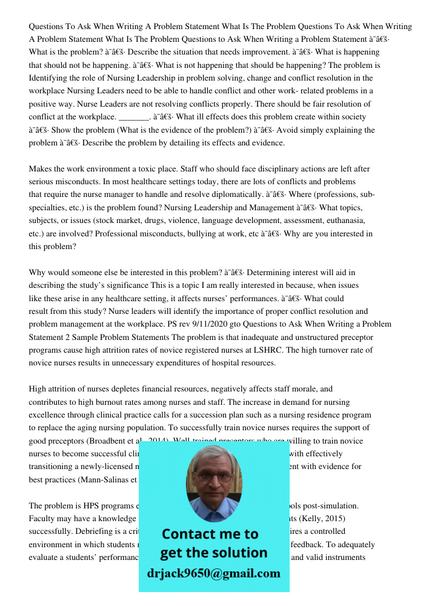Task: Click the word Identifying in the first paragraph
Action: pyautogui.click(x=50, y=78)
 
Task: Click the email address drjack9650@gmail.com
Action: pyautogui.click(x=214, y=573)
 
